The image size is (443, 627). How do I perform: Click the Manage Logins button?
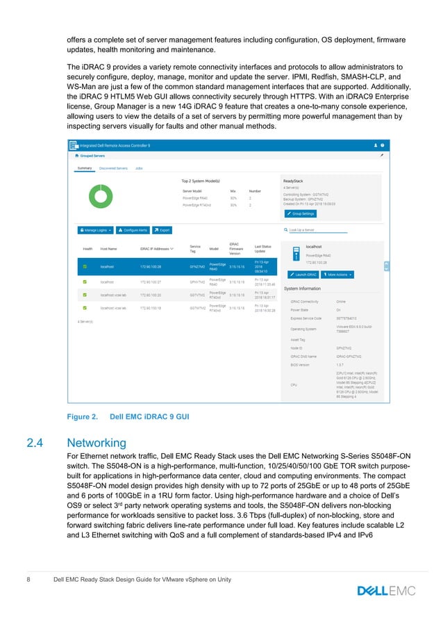tap(94, 229)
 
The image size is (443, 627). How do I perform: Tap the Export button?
tap(162, 229)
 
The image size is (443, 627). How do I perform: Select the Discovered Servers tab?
tap(112, 168)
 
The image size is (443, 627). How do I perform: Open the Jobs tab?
tap(139, 168)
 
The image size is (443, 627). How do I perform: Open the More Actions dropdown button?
tap(340, 275)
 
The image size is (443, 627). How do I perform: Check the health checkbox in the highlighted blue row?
tap(85, 266)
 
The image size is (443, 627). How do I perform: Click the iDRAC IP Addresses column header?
tap(156, 248)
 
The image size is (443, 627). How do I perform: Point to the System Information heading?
tap(301, 288)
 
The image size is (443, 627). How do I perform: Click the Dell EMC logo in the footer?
tap(386, 591)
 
